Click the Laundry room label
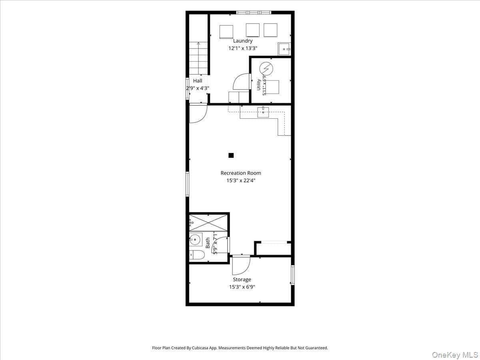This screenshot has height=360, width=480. tap(243, 41)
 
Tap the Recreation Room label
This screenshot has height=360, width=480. tap(241, 173)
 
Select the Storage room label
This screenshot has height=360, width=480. tap(242, 279)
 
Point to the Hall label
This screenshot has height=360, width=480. tap(198, 81)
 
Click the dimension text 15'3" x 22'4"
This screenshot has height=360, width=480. tap(241, 180)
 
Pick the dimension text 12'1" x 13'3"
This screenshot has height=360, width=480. tap(243, 48)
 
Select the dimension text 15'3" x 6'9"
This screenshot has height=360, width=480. tap(242, 287)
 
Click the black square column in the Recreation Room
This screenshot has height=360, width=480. tap(231, 156)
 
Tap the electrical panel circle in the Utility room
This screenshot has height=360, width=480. tap(266, 69)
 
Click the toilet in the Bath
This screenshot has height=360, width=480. tap(197, 255)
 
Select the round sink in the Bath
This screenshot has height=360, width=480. tap(195, 240)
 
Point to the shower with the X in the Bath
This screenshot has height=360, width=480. tap(208, 222)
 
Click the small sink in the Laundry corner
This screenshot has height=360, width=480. tap(284, 49)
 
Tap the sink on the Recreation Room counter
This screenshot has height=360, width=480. tap(263, 112)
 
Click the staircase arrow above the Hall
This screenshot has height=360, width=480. tap(198, 58)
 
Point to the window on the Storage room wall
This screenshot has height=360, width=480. tap(293, 275)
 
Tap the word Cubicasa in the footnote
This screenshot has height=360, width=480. tap(200, 348)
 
